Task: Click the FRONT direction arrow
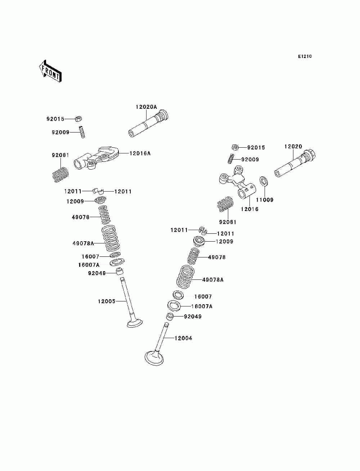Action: click(x=50, y=71)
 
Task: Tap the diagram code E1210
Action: click(x=305, y=57)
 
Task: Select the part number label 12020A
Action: click(x=146, y=107)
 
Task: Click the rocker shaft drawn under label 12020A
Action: click(x=148, y=124)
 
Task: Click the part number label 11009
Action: click(x=265, y=200)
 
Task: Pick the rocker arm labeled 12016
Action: click(x=237, y=182)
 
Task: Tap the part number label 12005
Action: click(x=107, y=301)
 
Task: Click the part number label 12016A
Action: click(x=140, y=153)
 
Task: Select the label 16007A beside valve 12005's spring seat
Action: click(x=89, y=265)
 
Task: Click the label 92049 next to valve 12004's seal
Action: click(x=193, y=317)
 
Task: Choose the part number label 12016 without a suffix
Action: click(x=250, y=209)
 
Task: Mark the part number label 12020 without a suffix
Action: click(x=293, y=147)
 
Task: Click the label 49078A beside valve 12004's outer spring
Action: click(x=213, y=280)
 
